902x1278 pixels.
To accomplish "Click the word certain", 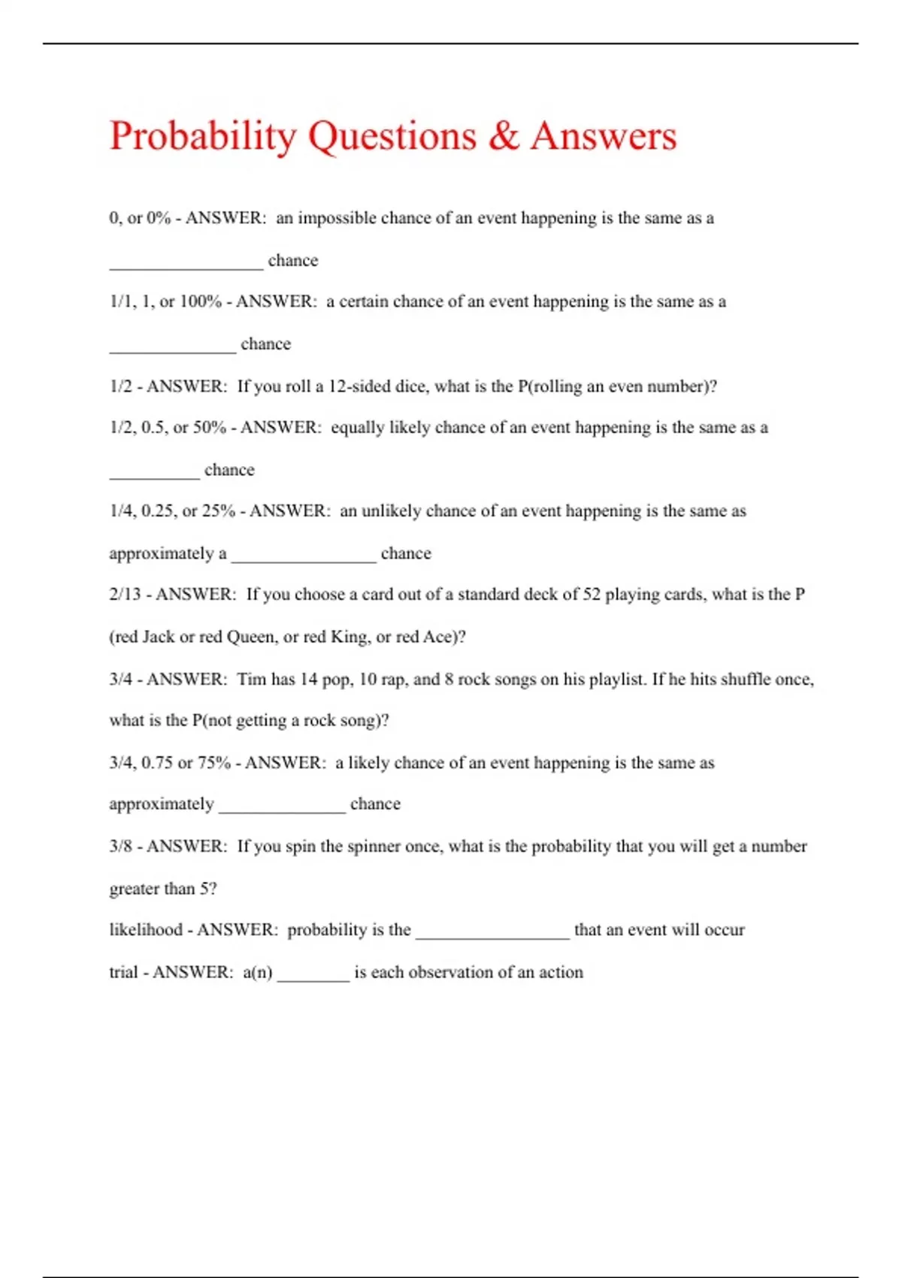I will (363, 301).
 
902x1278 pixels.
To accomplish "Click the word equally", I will (357, 428).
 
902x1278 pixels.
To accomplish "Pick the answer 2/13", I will (125, 595).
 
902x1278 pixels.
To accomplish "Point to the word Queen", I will (251, 637).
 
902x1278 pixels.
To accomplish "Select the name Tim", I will (251, 680).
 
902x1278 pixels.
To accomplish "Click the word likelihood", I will (146, 930).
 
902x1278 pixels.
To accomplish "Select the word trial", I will (123, 972).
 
